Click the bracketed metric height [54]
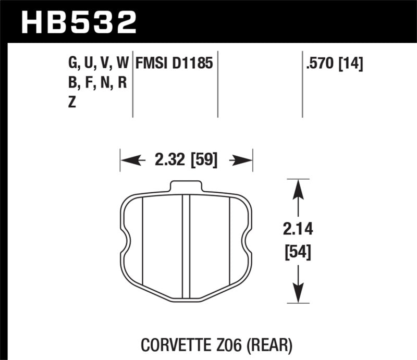[297, 253]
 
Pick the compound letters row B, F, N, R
[97, 83]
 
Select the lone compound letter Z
[71, 103]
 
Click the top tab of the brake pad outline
[186, 187]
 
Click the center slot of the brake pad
[186, 245]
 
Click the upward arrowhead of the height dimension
[297, 190]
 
